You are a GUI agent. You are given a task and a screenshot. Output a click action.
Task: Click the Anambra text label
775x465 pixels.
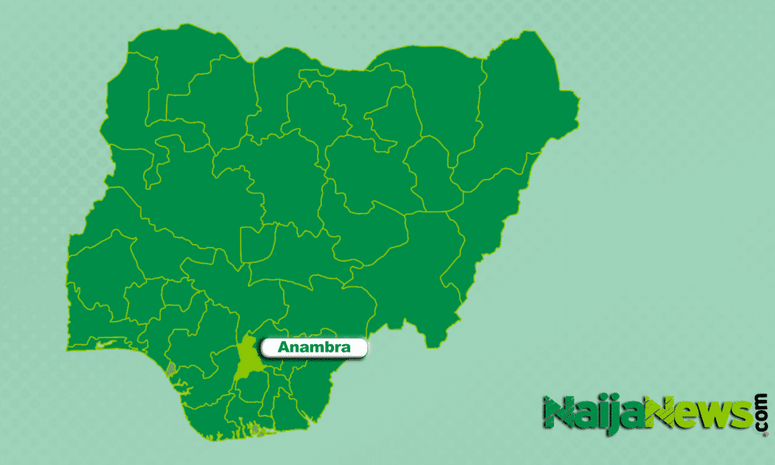(x=314, y=349)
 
